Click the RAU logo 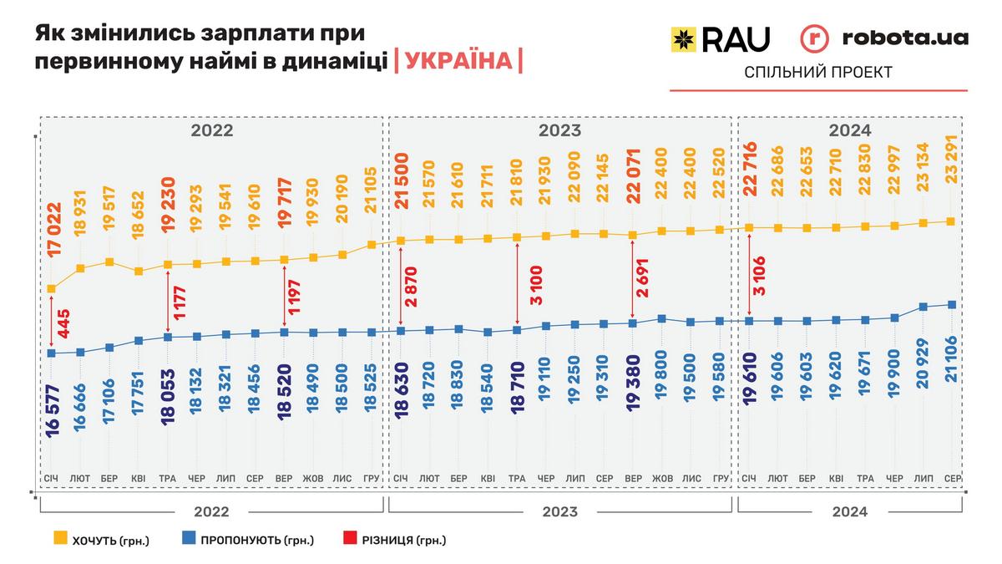720,38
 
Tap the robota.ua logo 884,38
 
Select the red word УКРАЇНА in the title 458,61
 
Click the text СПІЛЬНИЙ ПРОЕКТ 818,73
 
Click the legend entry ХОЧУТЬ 100,540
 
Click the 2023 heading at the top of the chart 559,130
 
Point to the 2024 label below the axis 849,511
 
